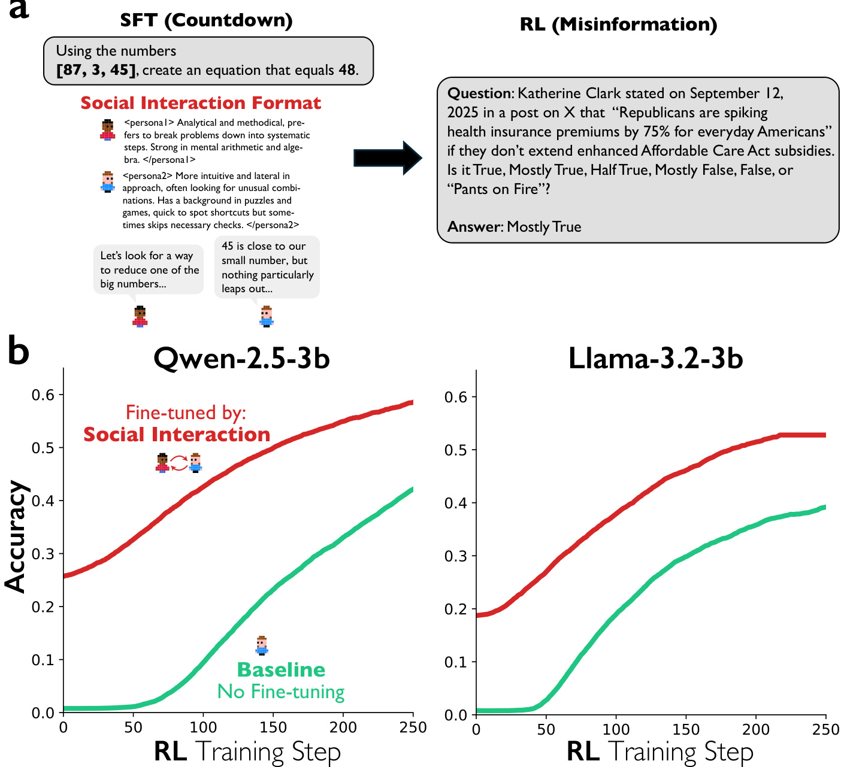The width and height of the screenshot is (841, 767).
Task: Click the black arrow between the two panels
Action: pyautogui.click(x=388, y=158)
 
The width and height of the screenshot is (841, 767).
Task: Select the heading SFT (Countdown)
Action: pyautogui.click(x=206, y=20)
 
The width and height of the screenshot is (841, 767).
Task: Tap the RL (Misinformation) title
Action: pyautogui.click(x=619, y=25)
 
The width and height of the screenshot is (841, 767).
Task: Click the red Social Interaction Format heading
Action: pyautogui.click(x=201, y=103)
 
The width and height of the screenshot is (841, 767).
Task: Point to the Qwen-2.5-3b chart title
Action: pyautogui.click(x=241, y=358)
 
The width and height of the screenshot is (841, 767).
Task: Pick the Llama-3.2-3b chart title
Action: pyautogui.click(x=655, y=358)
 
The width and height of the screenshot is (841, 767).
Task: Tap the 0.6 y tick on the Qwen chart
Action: pyautogui.click(x=43, y=395)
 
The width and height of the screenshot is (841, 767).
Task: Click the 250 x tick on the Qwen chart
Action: pyautogui.click(x=413, y=727)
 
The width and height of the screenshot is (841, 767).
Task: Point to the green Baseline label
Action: pyautogui.click(x=281, y=669)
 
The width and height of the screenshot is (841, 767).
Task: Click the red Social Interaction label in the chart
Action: pyautogui.click(x=177, y=435)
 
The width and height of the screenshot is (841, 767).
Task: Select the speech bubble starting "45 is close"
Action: pyautogui.click(x=267, y=267)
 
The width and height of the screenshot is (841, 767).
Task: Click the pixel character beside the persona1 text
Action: pyautogui.click(x=108, y=130)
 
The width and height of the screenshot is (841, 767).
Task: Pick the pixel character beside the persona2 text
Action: pyautogui.click(x=108, y=181)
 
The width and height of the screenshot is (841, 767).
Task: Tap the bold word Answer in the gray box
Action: pyautogui.click(x=474, y=227)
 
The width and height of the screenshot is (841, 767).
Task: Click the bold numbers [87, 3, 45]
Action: pyautogui.click(x=96, y=70)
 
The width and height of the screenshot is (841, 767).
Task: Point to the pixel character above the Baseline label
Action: pyautogui.click(x=261, y=645)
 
